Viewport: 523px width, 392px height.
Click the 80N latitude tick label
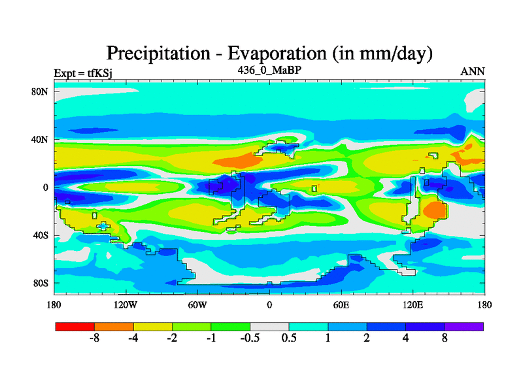[41, 91]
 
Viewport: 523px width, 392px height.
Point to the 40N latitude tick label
[41, 139]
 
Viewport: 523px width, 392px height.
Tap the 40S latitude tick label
[41, 235]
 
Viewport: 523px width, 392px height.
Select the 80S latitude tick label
[41, 283]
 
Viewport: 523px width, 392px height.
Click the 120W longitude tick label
[126, 304]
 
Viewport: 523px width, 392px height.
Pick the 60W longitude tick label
[197, 304]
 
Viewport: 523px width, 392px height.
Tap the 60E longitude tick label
[341, 304]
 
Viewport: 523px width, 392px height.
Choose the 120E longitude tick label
[413, 304]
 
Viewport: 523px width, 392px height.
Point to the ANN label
[473, 71]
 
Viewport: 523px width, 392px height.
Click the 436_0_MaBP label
[269, 69]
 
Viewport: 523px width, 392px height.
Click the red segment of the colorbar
[75, 326]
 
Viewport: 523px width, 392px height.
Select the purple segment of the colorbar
[464, 326]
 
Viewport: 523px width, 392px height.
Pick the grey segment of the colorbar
[269, 326]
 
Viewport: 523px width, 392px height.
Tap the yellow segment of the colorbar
[152, 326]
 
